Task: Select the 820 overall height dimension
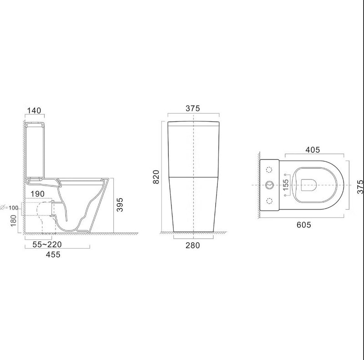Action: coord(156,176)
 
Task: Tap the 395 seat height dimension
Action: coord(120,205)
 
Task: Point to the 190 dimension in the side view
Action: coord(38,194)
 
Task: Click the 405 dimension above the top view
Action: coord(312,150)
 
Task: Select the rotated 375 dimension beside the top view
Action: coord(359,186)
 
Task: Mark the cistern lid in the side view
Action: coord(35,123)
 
